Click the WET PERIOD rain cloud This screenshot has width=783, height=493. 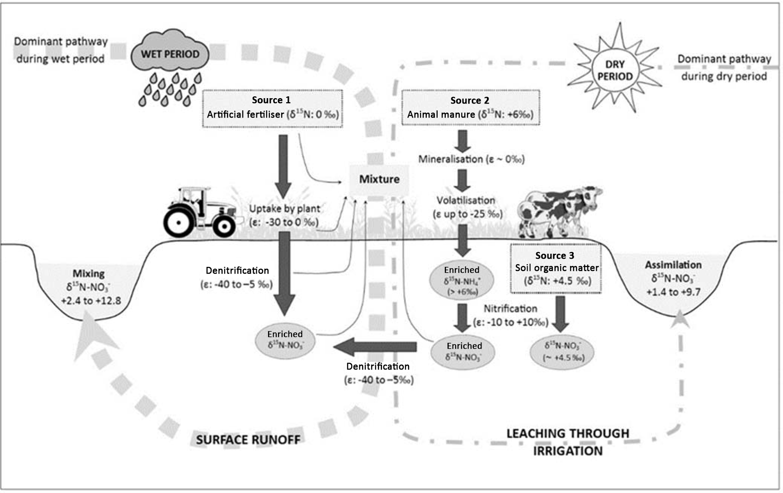point(170,54)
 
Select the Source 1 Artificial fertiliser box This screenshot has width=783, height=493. point(272,108)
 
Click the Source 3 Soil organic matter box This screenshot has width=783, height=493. point(555,269)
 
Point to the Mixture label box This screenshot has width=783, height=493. point(379,179)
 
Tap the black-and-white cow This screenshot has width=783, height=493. point(561,210)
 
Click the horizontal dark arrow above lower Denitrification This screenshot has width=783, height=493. point(375,347)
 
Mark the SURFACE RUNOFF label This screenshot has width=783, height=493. point(248,440)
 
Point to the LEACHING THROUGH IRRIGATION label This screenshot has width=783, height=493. point(568,442)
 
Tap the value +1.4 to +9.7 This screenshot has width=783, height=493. point(673,292)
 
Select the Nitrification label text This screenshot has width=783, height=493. point(510,309)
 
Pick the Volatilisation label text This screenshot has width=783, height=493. point(466,200)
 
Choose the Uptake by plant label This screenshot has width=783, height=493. point(284,209)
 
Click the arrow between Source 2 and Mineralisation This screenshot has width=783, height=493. point(463,141)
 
